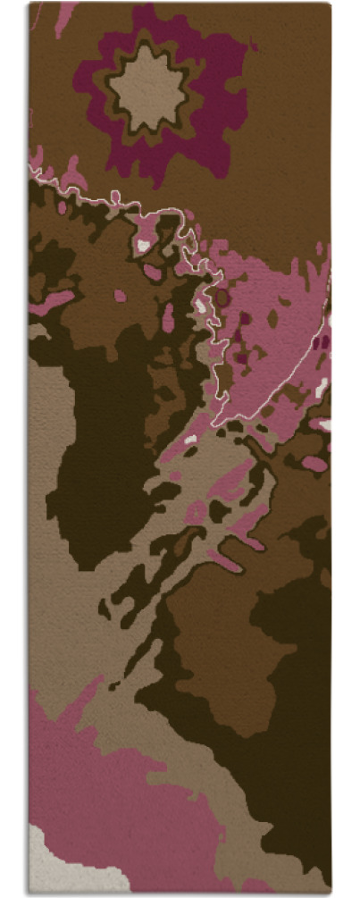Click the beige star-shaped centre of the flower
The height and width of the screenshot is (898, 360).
(147, 88)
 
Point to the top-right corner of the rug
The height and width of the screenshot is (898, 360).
(330, 4)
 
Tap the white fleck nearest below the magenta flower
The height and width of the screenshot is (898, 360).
(143, 243)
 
